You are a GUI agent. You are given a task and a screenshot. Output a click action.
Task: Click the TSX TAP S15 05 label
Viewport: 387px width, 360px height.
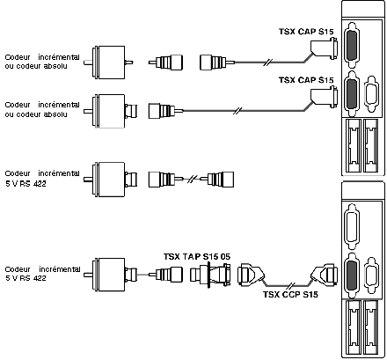[x=197, y=256]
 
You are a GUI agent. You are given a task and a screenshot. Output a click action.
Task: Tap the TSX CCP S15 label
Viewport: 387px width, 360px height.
[x=290, y=294]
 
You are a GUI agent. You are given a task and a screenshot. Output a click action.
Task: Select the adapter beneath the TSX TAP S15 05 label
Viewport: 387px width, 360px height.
[x=209, y=275]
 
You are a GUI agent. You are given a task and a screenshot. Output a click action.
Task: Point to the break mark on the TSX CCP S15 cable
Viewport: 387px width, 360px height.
[x=291, y=285]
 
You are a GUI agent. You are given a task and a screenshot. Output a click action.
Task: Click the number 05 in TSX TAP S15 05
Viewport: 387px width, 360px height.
[x=225, y=256]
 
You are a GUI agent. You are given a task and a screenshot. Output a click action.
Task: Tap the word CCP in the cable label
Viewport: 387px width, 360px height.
[x=290, y=294]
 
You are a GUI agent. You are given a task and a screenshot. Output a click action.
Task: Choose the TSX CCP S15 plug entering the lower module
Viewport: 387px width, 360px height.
[x=324, y=276]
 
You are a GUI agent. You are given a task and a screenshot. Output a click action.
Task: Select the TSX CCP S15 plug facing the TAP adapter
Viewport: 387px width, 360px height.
[x=252, y=275]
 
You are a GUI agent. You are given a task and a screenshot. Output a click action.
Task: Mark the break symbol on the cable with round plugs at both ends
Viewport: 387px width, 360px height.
[x=192, y=179]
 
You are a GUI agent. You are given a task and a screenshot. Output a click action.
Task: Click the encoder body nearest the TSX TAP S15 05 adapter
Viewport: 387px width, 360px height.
[x=110, y=275]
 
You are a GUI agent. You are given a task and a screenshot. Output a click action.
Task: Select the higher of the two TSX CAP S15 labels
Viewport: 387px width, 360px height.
[x=306, y=32]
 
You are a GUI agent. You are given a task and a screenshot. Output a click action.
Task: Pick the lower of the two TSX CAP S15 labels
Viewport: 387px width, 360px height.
[x=306, y=80]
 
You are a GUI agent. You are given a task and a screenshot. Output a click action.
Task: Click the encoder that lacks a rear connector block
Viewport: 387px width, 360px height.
[x=108, y=62]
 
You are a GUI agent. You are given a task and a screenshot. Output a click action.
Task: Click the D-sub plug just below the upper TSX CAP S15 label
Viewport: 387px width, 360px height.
[x=324, y=48]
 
